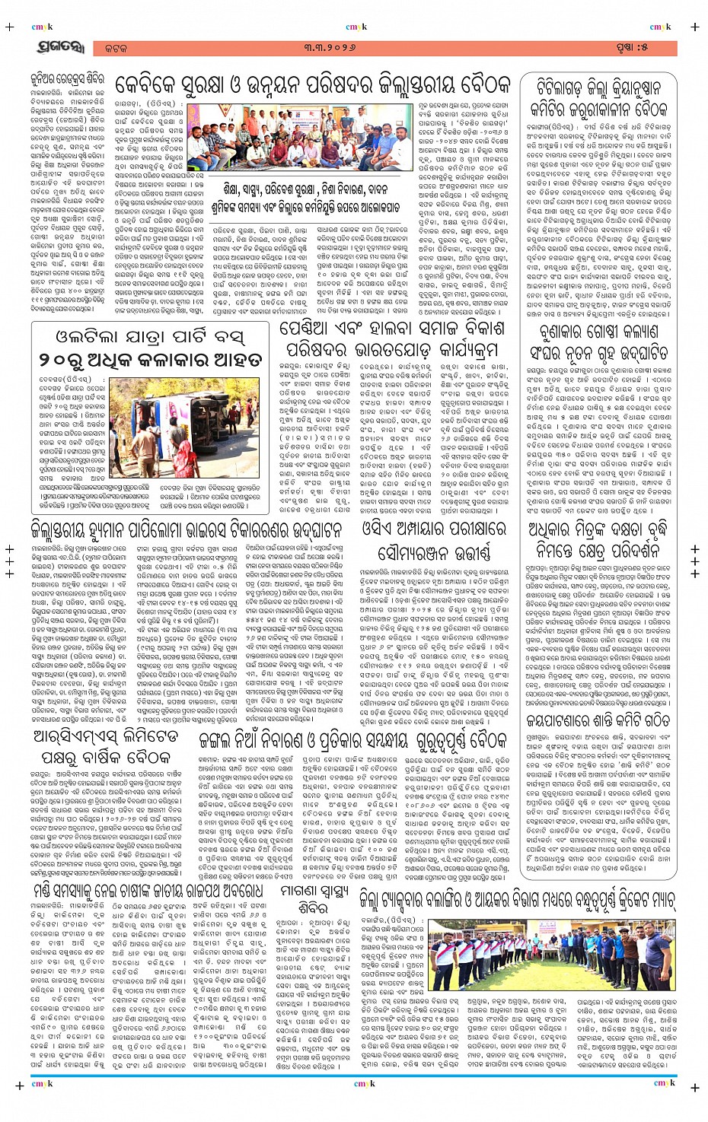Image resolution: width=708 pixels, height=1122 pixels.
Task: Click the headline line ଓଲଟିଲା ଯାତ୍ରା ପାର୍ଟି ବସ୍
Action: [151, 337]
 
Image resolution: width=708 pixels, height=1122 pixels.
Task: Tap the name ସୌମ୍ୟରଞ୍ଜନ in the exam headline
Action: [433, 551]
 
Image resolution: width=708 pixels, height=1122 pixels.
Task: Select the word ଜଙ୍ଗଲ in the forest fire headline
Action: [225, 741]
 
